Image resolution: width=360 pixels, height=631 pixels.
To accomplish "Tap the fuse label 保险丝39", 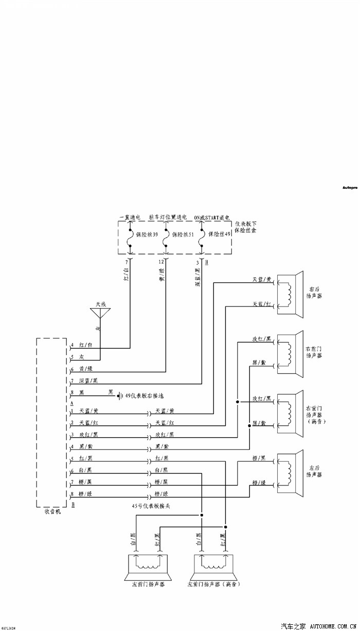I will (147, 235).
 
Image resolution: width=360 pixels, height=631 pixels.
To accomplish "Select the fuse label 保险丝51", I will (183, 235).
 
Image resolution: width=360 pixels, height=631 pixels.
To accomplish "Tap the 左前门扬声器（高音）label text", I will (214, 585).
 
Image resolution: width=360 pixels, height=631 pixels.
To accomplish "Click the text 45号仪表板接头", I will (151, 506).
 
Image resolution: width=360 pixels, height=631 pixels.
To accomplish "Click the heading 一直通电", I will (130, 218).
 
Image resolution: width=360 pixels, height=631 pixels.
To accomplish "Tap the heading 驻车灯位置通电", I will (168, 218).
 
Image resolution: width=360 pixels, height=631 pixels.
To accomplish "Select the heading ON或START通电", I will (212, 218).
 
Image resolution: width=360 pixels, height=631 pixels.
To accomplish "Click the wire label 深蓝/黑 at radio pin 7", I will (89, 381).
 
